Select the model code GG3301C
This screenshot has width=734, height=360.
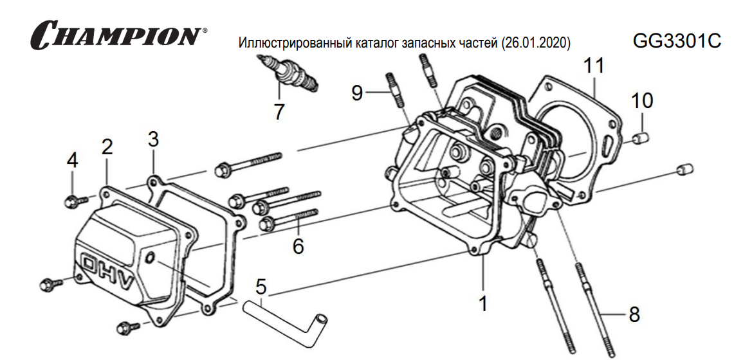[x=677, y=41]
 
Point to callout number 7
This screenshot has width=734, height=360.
[x=279, y=112]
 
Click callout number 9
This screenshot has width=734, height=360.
[x=358, y=93]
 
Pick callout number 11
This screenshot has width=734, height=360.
[x=594, y=67]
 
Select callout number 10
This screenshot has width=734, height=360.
[x=641, y=100]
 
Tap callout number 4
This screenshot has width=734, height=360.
[x=73, y=161]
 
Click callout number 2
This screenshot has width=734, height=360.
[x=107, y=147]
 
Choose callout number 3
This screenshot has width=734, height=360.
[x=153, y=138]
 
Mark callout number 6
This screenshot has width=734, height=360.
[x=298, y=245]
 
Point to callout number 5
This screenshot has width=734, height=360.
[x=261, y=286]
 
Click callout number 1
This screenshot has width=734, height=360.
[x=483, y=303]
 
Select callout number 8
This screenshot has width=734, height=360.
[x=634, y=314]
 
